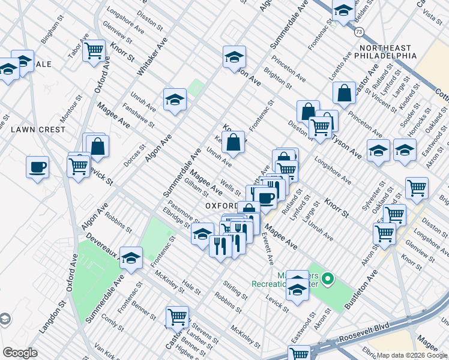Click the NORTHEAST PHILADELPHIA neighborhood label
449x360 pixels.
point(387,52)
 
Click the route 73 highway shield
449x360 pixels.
point(358,30)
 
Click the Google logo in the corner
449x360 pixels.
point(20,353)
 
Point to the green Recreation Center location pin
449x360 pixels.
point(327,279)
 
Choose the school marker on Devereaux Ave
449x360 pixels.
point(131,258)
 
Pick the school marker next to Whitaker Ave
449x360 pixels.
point(175,99)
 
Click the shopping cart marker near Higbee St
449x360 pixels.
point(177,317)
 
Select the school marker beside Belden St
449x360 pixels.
point(343,11)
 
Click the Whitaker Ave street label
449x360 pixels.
point(152,56)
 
